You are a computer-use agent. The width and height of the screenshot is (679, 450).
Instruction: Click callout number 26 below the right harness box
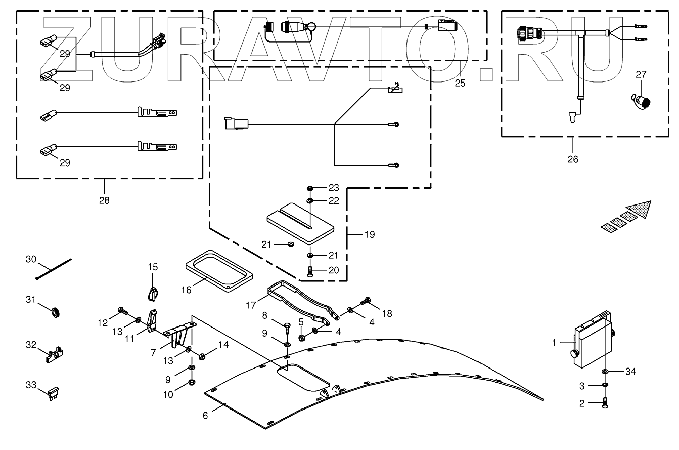click(x=572, y=159)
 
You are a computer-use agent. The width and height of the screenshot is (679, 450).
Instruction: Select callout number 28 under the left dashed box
click(x=104, y=200)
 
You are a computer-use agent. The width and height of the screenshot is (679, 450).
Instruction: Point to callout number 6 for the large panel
click(x=205, y=415)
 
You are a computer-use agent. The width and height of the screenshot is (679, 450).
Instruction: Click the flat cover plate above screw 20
click(x=298, y=222)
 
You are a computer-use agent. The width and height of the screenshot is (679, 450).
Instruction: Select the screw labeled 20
click(x=309, y=272)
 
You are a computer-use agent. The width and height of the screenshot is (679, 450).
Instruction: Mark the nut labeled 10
click(x=192, y=382)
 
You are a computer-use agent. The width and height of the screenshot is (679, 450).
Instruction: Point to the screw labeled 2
click(x=605, y=403)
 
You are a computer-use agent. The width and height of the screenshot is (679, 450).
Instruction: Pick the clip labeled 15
click(x=153, y=293)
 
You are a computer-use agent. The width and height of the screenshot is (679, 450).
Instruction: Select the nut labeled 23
click(x=310, y=188)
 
